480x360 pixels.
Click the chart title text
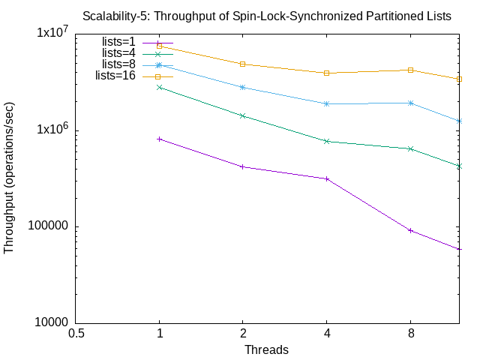266,16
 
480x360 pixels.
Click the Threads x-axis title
266,349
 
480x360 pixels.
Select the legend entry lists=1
118,42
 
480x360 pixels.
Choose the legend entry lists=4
118,53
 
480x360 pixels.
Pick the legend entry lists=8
118,64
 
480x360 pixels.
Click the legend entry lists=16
115,76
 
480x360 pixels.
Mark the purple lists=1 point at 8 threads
410,230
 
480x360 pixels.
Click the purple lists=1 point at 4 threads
327,178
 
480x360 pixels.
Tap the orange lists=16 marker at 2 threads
243,64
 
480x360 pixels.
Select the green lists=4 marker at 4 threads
327,141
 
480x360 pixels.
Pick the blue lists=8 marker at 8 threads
410,103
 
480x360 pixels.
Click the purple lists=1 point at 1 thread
159,139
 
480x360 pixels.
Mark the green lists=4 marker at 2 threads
243,115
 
